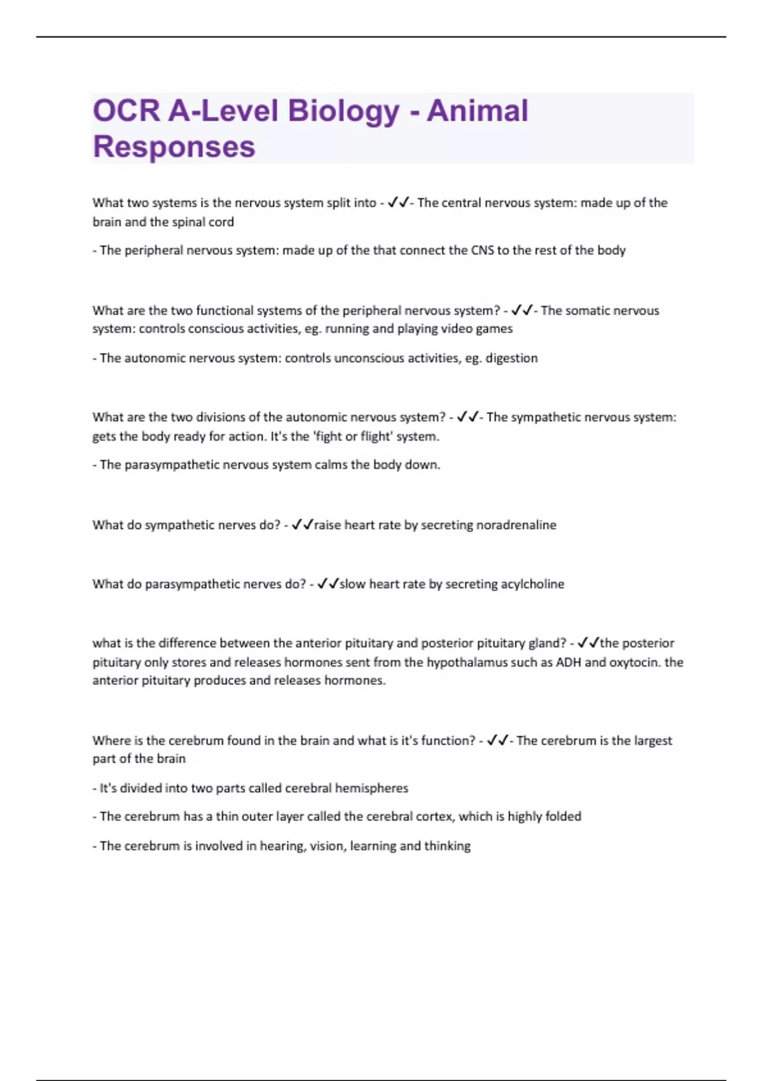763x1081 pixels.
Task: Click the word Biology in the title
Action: pos(343,111)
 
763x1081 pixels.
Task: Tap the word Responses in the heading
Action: pos(174,147)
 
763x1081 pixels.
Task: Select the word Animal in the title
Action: pos(478,111)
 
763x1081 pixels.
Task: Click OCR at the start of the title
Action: pos(126,111)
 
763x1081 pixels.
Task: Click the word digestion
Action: pos(511,358)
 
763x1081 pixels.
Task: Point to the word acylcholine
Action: pos(532,584)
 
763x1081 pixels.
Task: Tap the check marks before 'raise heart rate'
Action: pos(303,525)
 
